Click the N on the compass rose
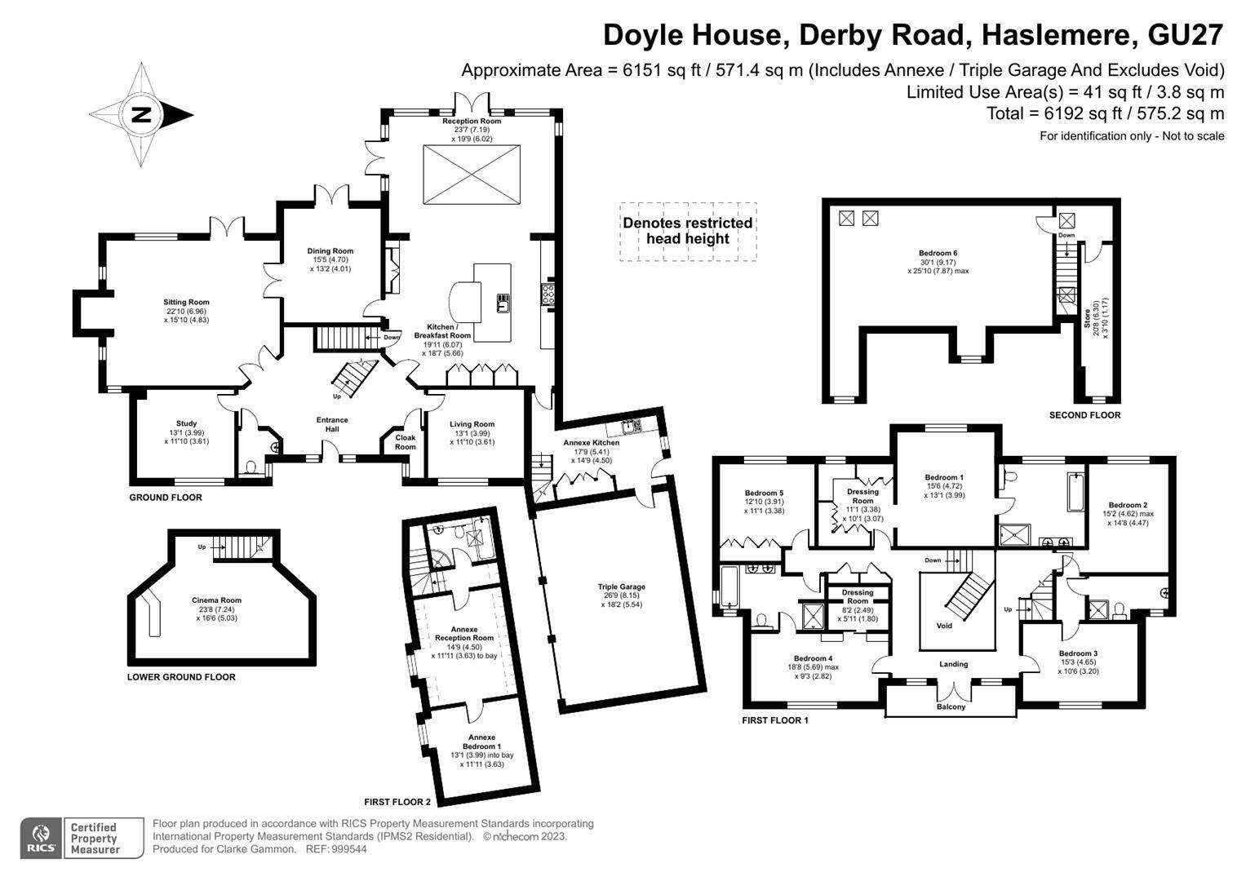coord(141,115)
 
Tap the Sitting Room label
coord(186,302)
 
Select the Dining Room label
coord(330,251)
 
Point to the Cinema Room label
coord(216,600)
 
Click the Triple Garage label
coord(621,587)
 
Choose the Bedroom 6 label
coord(938,253)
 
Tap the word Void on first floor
coord(944,626)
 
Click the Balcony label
coord(951,706)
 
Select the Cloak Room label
coord(405,442)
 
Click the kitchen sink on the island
coord(503,303)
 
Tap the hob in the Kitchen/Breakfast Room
coord(548,294)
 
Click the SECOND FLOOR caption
coord(1084,415)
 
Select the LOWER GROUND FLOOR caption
coord(181,677)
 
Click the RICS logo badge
coord(41,839)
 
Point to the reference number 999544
coord(348,849)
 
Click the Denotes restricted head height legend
coord(688,231)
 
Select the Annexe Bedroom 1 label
coord(481,742)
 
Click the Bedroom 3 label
coord(1078,653)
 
